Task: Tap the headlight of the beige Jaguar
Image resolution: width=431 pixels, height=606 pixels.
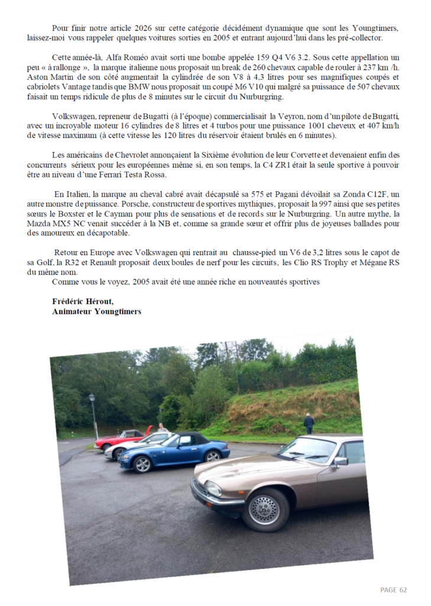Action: (x=213, y=489)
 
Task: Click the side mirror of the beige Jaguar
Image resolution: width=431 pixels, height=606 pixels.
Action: (x=341, y=461)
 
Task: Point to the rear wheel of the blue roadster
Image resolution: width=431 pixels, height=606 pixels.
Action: (x=212, y=455)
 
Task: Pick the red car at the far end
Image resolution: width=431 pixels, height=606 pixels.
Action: (x=118, y=440)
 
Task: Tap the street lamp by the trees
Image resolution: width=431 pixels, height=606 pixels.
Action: (x=93, y=414)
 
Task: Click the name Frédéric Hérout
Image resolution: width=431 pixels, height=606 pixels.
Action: (x=83, y=301)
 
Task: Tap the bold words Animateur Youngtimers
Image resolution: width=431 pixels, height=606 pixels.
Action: (x=96, y=311)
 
